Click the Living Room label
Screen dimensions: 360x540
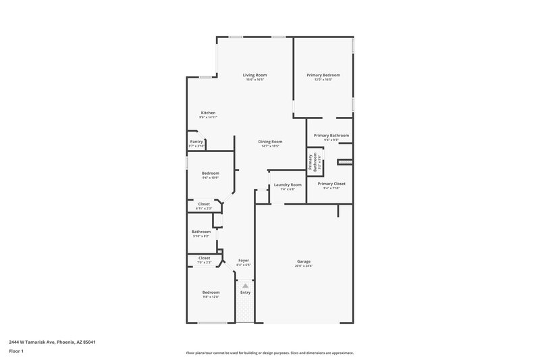coord(255,75)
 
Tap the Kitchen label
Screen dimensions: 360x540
coord(208,113)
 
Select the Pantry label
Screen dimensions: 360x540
coord(196,141)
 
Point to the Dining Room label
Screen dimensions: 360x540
coord(269,141)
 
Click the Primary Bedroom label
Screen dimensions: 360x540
coord(323,75)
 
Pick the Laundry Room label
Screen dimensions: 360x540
coord(288,184)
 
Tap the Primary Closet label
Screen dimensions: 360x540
coord(331,184)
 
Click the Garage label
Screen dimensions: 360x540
coord(304,261)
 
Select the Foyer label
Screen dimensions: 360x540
coord(244,261)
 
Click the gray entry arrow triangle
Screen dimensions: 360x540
coord(245,286)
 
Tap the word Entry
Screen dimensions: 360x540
coord(245,292)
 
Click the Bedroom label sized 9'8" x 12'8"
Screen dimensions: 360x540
coord(211,292)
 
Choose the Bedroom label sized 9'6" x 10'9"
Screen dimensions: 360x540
coord(210,174)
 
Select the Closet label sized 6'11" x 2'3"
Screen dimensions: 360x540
coord(203,204)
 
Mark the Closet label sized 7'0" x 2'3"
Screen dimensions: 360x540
coord(204,257)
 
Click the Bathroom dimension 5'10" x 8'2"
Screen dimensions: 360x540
coord(201,236)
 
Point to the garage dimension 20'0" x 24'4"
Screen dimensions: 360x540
coord(304,266)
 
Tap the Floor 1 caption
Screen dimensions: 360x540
coord(15,353)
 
